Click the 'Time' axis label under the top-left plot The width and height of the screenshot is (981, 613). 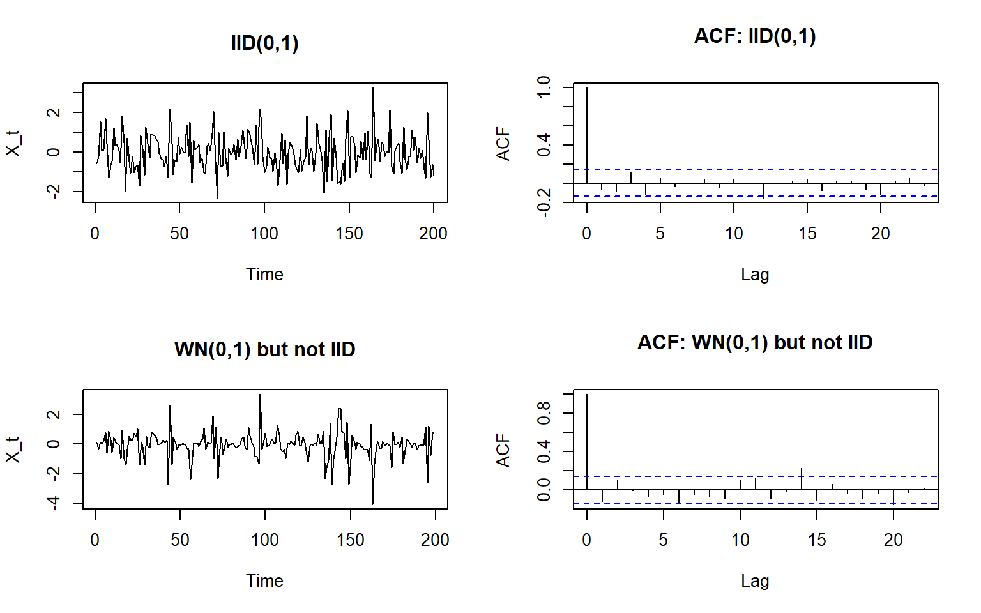coord(264,275)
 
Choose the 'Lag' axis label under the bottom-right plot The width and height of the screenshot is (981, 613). coord(755,581)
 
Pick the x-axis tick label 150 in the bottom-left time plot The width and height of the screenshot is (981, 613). coord(350,540)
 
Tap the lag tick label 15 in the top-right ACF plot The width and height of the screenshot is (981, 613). coord(807,234)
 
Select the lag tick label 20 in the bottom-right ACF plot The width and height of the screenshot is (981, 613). coord(893,540)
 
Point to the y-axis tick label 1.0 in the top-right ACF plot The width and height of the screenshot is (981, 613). coord(544,87)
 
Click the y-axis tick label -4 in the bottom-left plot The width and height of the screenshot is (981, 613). coord(54,503)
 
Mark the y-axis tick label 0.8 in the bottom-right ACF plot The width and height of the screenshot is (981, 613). coord(544,413)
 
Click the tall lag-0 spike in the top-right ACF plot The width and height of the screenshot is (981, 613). coord(587,134)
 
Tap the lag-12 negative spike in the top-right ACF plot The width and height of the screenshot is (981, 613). coord(763,190)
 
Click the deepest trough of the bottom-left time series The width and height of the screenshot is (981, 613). coord(372,503)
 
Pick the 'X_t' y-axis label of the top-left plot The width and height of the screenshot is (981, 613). coord(13,143)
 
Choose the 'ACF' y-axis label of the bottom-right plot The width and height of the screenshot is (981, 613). coord(503,450)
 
